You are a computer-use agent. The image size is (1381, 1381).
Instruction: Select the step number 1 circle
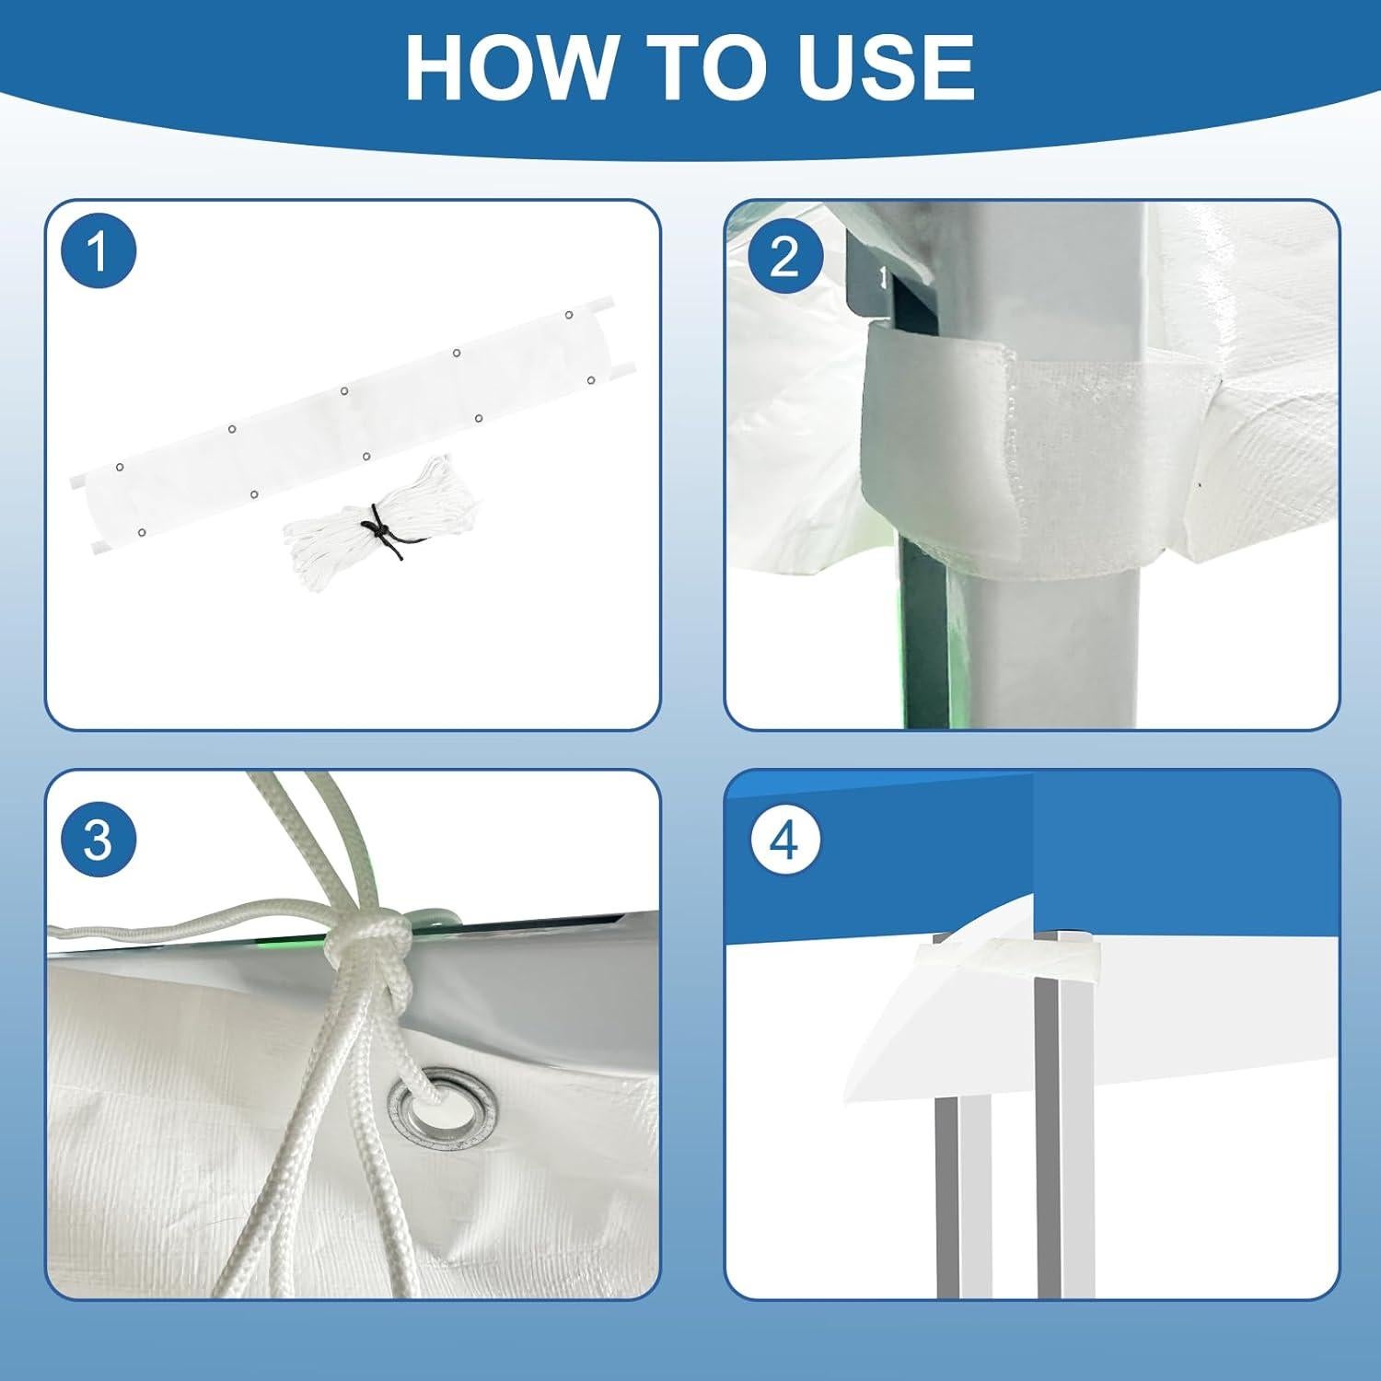[99, 250]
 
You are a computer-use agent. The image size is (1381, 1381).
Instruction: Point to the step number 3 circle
[98, 840]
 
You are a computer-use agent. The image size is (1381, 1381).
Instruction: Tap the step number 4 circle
[784, 840]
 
